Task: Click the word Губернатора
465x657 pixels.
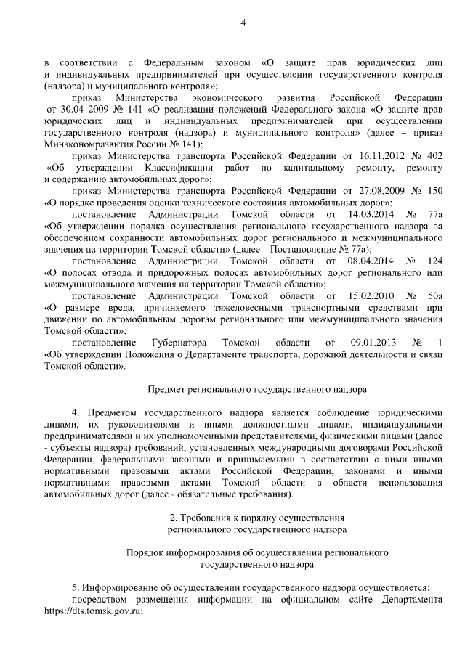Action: coord(180,341)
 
